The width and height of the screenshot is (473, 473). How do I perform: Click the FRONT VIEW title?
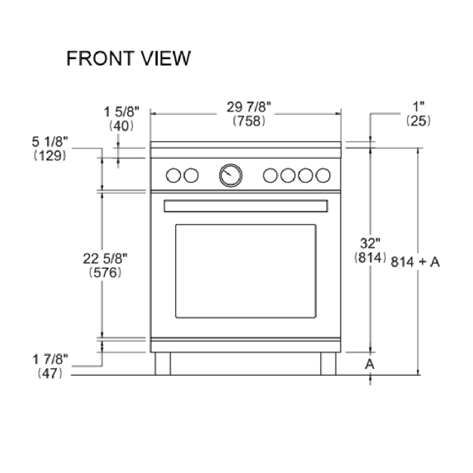[x=129, y=58]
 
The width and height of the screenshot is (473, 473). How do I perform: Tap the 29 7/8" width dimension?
[x=249, y=108]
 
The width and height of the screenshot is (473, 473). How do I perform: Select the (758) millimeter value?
[x=249, y=121]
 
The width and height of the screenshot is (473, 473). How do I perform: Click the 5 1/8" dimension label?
[x=49, y=142]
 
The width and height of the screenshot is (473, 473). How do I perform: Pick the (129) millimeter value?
[x=50, y=155]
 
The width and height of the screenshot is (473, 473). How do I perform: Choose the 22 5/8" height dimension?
[x=106, y=258]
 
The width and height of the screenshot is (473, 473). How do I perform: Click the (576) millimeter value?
[x=106, y=272]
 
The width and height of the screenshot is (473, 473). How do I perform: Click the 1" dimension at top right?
[x=418, y=107]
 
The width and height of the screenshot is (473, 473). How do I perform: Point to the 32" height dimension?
[x=370, y=244]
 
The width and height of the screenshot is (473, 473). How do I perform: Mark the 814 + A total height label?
[x=415, y=262]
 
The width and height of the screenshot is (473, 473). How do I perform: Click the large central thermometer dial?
[x=231, y=175]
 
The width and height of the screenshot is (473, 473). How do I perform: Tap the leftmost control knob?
[x=172, y=176]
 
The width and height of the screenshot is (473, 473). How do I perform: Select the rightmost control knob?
[x=323, y=176]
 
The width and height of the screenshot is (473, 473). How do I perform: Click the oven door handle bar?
[x=245, y=206]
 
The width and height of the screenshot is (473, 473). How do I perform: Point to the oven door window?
[x=245, y=271]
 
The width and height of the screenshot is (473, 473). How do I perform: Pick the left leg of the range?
[x=163, y=363]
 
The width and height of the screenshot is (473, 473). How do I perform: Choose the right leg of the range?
[x=328, y=363]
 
